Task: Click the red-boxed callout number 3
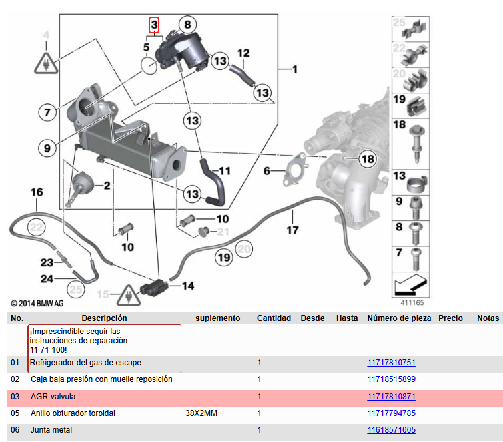pos(154,25)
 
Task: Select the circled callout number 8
pos(187,25)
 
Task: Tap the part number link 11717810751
pos(391,363)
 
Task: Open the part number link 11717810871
pos(391,397)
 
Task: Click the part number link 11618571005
pos(391,430)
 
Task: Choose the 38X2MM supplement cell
pos(201,413)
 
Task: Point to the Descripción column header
pos(104,318)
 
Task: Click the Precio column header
pos(450,318)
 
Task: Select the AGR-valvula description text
pos(53,397)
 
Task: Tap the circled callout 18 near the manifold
pos(368,159)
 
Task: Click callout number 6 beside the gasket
pos(267,171)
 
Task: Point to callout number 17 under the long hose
pos(292,230)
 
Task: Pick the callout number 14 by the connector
pos(188,286)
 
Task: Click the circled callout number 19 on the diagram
pos(224,258)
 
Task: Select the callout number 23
pos(47,262)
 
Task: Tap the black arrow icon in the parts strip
pos(410,284)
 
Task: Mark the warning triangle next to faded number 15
pos(129,295)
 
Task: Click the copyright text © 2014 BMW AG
pos(37,304)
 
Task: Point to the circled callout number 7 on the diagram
pos(47,112)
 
